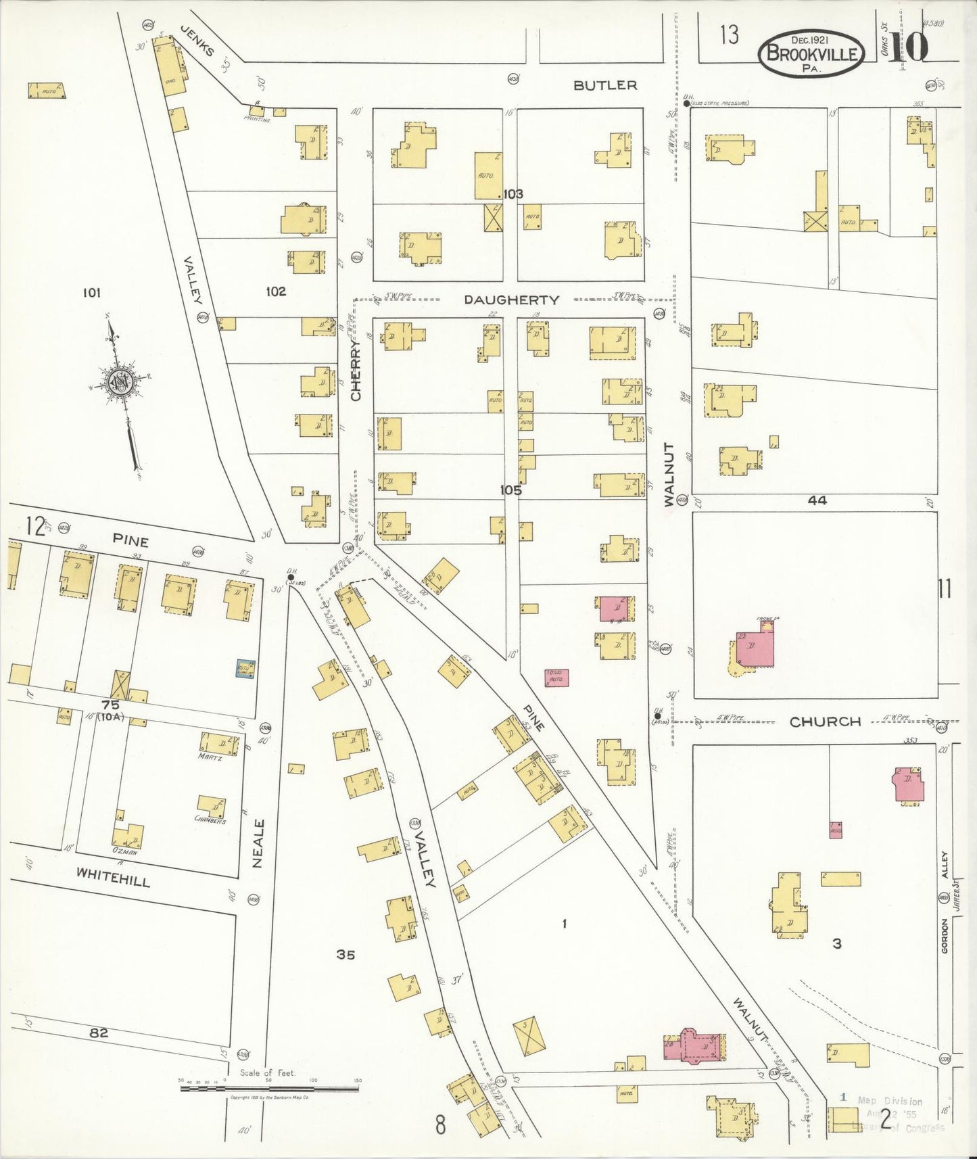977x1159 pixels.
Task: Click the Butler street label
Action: [x=605, y=85]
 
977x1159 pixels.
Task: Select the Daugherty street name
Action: [x=511, y=300]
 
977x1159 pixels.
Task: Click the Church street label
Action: [x=825, y=722]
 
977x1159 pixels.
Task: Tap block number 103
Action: [x=513, y=194]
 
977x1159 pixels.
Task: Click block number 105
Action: [x=511, y=491]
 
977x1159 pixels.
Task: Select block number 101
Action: [x=91, y=293]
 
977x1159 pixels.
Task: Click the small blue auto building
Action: [x=244, y=669]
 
